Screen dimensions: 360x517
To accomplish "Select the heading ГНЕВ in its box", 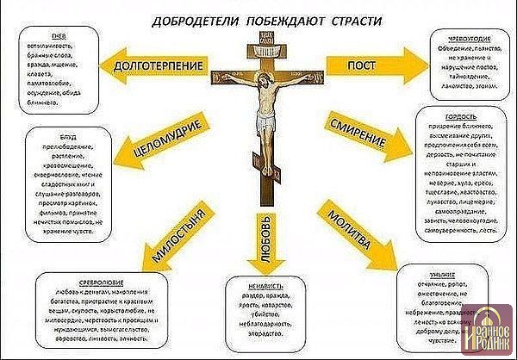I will pyautogui.click(x=59, y=36).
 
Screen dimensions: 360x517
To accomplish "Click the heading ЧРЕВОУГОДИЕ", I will pyautogui.click(x=457, y=37).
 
